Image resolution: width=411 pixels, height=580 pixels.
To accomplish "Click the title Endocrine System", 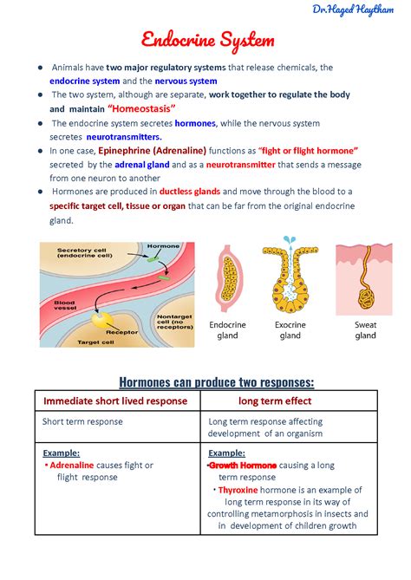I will [x=207, y=40].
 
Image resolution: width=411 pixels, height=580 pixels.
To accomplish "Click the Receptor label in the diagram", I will [x=121, y=330].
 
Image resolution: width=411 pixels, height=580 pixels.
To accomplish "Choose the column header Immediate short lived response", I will [x=117, y=401].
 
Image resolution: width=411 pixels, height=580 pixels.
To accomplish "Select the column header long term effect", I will [x=288, y=401].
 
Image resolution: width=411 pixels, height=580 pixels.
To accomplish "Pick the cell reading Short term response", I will [x=83, y=422].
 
